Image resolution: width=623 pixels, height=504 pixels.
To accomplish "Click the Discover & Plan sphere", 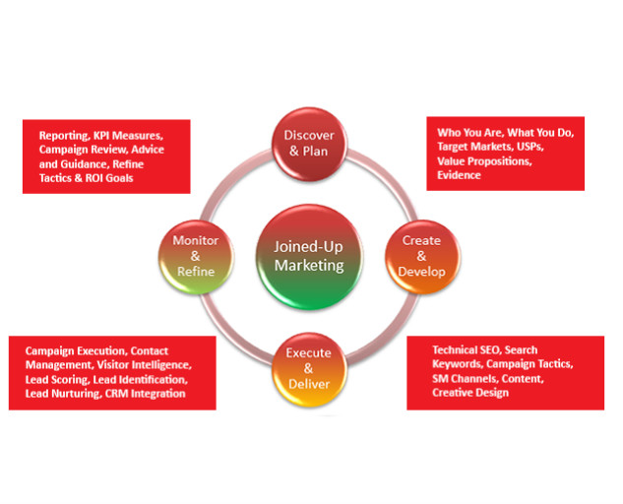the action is pos(309,144).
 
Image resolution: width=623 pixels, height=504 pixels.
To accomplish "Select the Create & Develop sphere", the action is pos(422,257).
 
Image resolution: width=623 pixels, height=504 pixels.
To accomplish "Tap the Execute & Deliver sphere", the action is pos(309,369).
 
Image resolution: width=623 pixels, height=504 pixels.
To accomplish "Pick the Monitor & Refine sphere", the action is pos(196,257).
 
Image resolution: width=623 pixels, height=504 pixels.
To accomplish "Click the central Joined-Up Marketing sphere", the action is pos(309,257).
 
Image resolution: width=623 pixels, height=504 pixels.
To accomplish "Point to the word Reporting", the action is pos(65,136).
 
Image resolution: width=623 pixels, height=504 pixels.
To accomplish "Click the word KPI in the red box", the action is pos(101,136).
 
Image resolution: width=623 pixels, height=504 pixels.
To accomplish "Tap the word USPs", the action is pos(530,147).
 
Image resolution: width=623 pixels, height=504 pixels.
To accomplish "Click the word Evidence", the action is pos(459,175).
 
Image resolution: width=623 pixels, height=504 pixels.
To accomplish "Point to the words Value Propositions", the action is pos(484,161).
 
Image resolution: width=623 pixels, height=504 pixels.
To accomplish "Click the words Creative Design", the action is pos(470,393).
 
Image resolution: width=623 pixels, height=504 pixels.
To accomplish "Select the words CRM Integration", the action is pos(145,394).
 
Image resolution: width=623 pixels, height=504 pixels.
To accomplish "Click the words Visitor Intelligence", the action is pos(145,365).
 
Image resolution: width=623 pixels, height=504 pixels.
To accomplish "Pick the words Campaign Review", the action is pos(84,150).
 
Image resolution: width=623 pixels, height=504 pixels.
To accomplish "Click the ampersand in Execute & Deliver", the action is pos(308,368).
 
